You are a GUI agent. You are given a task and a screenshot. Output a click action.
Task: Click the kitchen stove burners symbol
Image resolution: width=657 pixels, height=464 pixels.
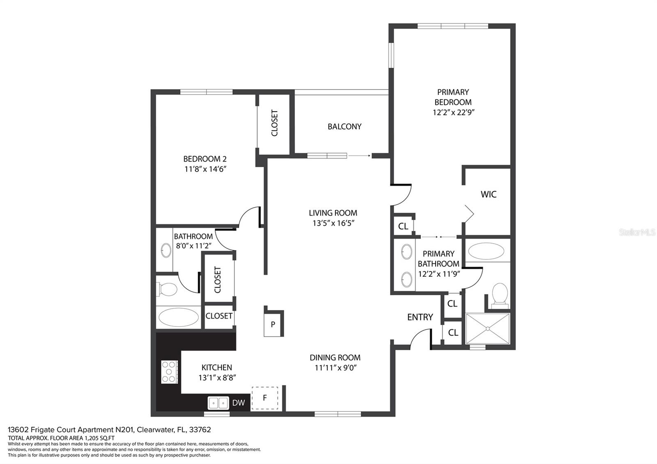point(169,372)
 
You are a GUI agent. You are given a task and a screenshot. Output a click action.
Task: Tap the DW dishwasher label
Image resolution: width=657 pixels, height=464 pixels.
point(239,403)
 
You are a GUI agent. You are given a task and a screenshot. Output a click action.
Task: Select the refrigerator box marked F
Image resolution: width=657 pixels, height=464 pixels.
point(265,398)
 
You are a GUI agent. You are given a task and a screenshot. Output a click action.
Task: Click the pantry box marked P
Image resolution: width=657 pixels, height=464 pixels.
point(273,324)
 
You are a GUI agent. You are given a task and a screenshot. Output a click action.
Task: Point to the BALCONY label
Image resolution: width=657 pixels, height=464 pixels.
point(345,127)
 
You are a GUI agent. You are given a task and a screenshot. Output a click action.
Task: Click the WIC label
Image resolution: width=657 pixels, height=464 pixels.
point(488,194)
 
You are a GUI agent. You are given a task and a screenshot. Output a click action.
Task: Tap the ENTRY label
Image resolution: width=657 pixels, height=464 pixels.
point(420,317)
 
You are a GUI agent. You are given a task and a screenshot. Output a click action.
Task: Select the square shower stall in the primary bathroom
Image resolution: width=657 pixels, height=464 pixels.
point(488,328)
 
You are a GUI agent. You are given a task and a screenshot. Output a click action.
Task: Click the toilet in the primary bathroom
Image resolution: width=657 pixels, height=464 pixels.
point(500,294)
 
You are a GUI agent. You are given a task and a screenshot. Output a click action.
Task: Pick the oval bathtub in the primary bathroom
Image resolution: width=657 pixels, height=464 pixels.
point(486,251)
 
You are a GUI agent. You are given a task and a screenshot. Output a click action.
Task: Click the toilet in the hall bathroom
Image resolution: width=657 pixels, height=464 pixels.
point(167,289)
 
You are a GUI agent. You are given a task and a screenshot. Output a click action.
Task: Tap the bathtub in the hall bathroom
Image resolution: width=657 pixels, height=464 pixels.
point(178,317)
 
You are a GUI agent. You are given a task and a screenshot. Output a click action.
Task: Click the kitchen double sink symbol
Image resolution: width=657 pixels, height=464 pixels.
point(218,403)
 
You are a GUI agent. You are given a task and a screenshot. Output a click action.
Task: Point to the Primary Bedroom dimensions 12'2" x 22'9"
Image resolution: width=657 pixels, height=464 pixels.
point(453,113)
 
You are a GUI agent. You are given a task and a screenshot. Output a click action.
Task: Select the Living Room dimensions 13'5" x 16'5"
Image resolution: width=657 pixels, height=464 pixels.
point(333,223)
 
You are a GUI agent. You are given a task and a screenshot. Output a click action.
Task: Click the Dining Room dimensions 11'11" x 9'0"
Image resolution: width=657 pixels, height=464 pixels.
point(335,368)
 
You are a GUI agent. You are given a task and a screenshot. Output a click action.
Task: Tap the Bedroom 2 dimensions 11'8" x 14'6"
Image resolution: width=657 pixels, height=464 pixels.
point(205,169)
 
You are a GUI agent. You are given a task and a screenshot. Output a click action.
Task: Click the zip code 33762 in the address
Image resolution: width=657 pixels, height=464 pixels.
point(200,430)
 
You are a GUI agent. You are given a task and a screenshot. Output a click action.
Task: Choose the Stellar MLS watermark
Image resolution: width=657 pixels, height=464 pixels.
point(637,232)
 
